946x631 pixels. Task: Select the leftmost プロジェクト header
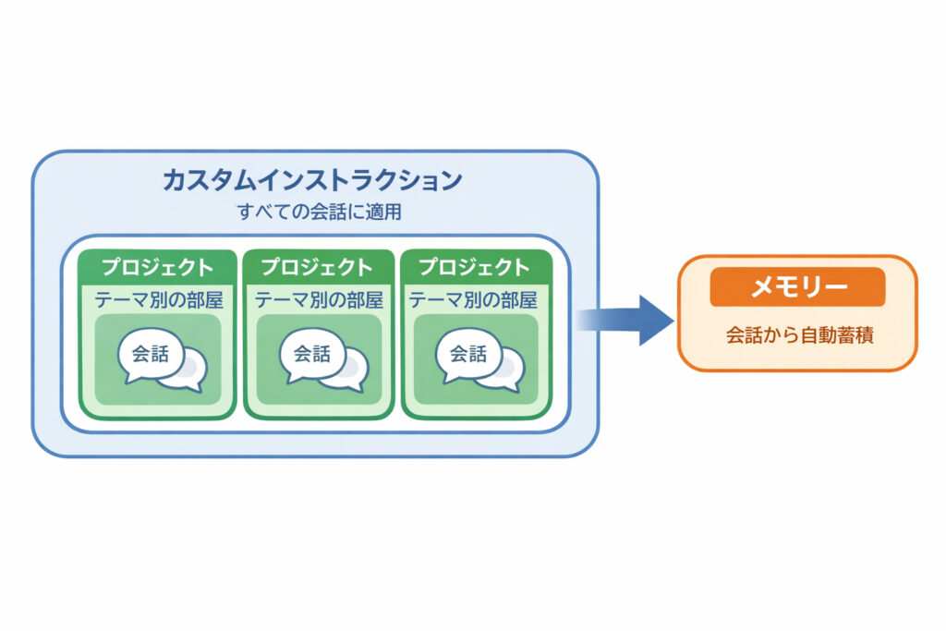(157, 268)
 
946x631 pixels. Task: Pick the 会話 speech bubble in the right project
(467, 354)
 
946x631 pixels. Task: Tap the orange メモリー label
(797, 287)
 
